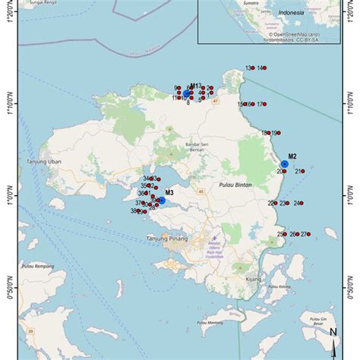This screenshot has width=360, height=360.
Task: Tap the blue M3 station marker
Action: tap(161, 201)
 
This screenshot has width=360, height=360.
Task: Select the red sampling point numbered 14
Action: tap(265, 68)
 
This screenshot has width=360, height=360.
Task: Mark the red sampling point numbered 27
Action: tap(309, 235)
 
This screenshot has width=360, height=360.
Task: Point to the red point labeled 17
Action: tap(266, 104)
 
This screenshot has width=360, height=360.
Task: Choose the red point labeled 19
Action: tap(281, 133)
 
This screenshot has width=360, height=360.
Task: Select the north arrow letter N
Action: tap(333, 331)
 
